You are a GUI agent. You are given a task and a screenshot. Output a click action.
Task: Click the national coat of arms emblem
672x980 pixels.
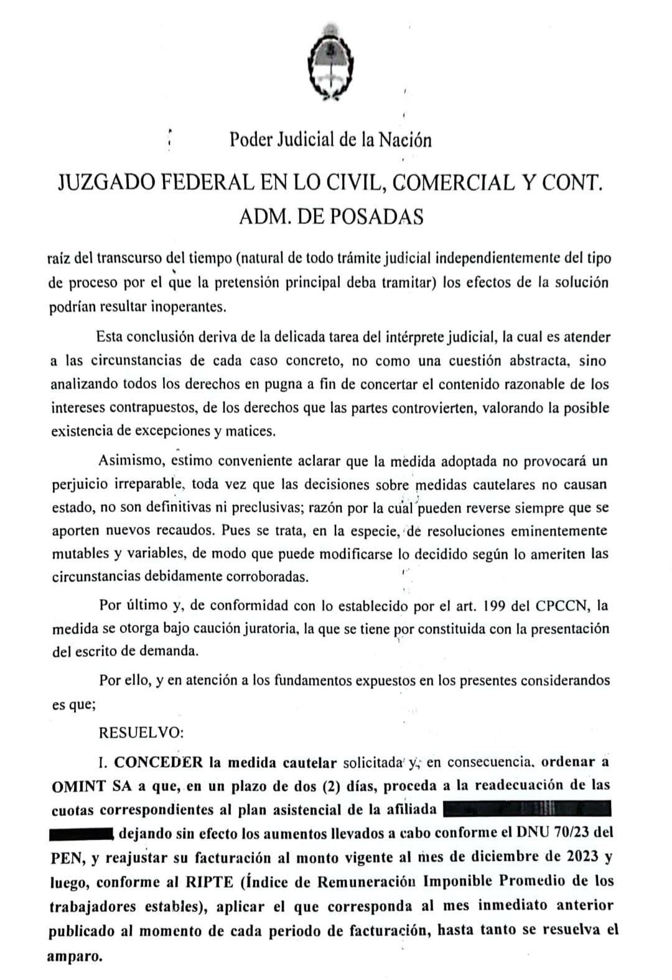click(330, 62)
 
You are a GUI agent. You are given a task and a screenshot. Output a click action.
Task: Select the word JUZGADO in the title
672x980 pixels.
click(103, 182)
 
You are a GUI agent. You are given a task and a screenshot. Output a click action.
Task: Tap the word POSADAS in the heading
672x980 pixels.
click(376, 216)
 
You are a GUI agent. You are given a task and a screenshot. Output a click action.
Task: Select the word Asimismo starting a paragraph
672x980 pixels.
click(128, 461)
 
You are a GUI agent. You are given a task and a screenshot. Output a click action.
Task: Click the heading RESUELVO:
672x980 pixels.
click(141, 732)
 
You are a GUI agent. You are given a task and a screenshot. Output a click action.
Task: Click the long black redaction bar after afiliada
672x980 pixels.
click(528, 809)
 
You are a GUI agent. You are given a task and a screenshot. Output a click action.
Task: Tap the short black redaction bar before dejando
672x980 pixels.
click(81, 833)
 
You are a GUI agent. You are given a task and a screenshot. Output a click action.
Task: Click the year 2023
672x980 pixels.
click(582, 857)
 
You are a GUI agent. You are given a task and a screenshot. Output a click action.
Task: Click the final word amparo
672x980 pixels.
click(75, 956)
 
